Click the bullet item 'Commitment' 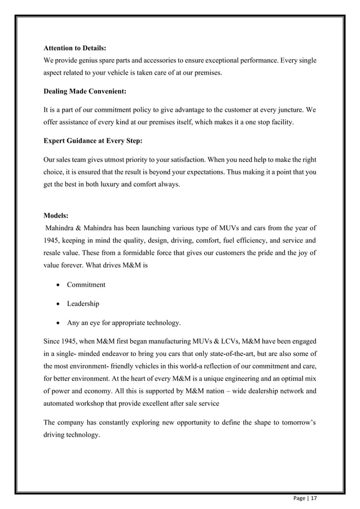(86, 284)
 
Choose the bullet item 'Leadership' (83, 304)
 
